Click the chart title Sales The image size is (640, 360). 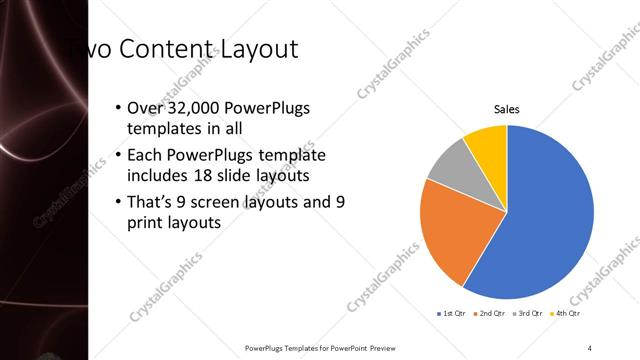(507, 109)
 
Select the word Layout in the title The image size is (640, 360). (257, 49)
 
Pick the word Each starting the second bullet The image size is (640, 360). (146, 156)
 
